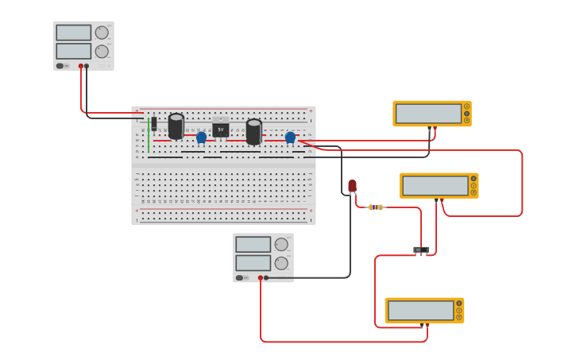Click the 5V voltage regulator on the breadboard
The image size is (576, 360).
(220, 129)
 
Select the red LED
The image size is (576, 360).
(352, 186)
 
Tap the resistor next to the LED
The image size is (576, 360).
(376, 207)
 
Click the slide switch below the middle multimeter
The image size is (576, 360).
(421, 250)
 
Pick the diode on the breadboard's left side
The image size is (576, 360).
(154, 123)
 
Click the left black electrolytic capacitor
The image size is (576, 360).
(176, 126)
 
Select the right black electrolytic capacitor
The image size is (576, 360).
(253, 131)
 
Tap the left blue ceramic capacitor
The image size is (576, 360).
(201, 137)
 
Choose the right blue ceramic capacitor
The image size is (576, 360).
(290, 137)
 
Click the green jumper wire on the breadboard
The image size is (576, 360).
(148, 137)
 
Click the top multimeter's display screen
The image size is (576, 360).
(428, 114)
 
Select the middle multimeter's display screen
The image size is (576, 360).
(435, 186)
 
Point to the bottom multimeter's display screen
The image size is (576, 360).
(420, 311)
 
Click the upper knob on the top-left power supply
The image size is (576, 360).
(102, 33)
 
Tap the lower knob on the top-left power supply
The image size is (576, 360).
(102, 51)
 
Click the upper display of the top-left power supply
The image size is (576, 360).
(73, 33)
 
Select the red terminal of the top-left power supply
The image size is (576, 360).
(80, 66)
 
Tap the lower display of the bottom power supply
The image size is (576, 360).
(253, 262)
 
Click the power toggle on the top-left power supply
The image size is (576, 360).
(60, 66)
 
